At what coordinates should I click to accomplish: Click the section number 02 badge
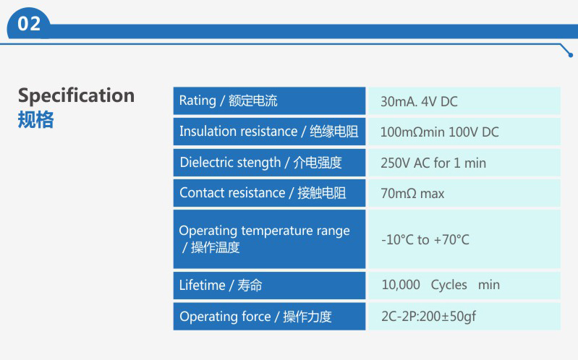point(29,24)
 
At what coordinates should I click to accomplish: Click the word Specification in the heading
point(76,96)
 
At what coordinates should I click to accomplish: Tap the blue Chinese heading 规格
point(35,119)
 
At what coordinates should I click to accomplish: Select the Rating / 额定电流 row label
point(228,100)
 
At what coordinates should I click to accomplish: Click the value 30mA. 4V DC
point(419,102)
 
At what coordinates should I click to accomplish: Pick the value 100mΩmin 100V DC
point(439,132)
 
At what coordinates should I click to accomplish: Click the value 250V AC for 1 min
point(433,163)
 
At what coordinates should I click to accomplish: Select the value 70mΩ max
point(412,194)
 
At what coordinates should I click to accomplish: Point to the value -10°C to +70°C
point(425,239)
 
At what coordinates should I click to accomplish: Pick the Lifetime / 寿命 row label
point(221,286)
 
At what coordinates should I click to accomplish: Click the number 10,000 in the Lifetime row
point(401,285)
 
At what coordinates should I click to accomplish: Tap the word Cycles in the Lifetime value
point(449,285)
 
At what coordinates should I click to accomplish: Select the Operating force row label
point(255,317)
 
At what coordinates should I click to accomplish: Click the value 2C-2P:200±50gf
point(428,316)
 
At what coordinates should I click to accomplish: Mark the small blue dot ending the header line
point(571,55)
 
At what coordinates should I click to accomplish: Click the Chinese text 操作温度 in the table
point(216,247)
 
